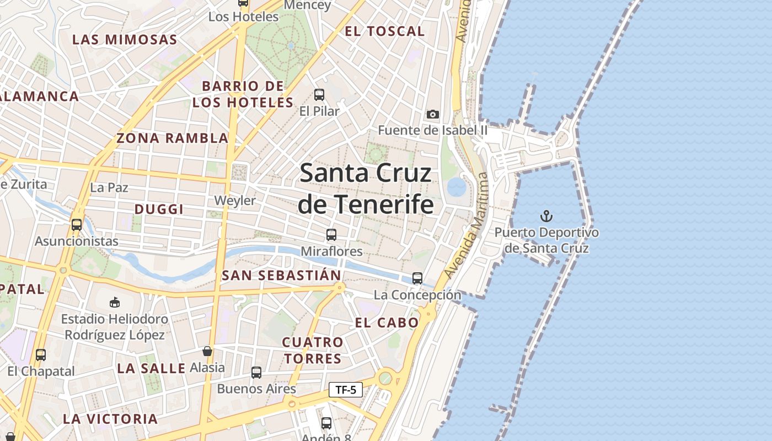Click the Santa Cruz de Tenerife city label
[x=365, y=189]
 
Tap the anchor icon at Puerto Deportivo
[x=546, y=216]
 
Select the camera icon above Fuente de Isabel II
[x=433, y=114]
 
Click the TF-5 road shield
[x=346, y=390]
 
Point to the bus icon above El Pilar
[x=319, y=94]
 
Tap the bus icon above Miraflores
[x=331, y=235]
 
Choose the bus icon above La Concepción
[x=417, y=278]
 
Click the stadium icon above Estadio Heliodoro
[x=115, y=302]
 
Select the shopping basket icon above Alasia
[x=207, y=351]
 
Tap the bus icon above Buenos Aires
[x=256, y=373]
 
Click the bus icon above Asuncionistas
[x=77, y=225]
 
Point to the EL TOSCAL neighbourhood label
[x=385, y=31]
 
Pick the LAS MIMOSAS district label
[x=125, y=40]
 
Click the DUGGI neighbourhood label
[x=159, y=209]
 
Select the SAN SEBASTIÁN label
[x=281, y=275]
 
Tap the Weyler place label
[x=235, y=200]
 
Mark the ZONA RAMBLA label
[x=172, y=138]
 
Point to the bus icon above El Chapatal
[x=41, y=355]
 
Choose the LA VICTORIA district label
[x=110, y=419]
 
